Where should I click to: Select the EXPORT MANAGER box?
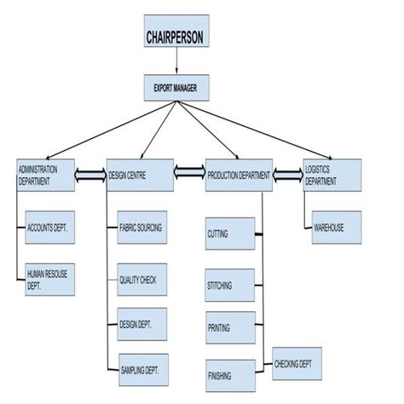click(175, 87)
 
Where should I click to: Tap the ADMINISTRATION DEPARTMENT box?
click(44, 175)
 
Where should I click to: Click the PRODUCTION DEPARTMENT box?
click(238, 175)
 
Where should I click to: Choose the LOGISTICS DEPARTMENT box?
click(332, 175)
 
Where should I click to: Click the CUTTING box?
click(229, 233)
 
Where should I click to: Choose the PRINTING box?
click(229, 327)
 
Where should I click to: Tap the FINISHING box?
click(229, 374)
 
